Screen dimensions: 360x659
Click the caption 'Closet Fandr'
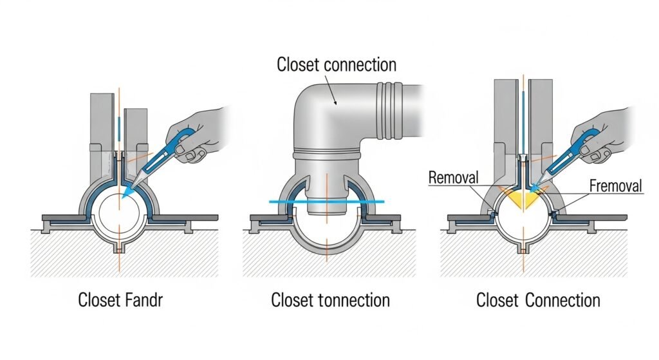pos(120,300)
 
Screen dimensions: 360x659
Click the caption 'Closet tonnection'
pos(330,300)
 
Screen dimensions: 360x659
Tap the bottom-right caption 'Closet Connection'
pos(538,300)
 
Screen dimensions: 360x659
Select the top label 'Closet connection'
pos(336,64)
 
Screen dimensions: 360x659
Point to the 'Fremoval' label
pos(615,187)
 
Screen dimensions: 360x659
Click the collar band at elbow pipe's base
pos(327,156)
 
